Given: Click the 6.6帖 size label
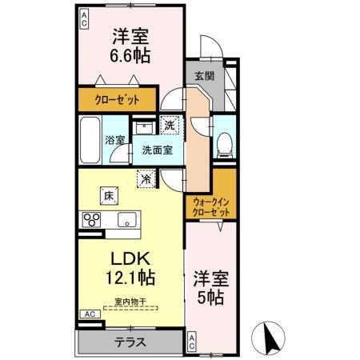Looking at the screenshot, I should (130, 58).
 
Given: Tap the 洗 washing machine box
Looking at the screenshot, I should (169, 124).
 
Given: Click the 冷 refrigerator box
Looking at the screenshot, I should (146, 179).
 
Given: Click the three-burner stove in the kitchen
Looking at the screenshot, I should (90, 220).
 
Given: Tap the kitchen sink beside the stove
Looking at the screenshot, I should (126, 220).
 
